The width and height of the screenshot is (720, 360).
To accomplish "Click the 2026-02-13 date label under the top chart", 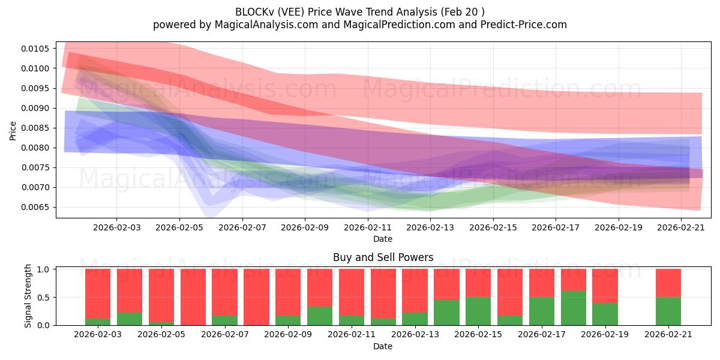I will coord(430,228).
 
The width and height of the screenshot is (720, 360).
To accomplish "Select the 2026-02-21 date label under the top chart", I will coord(682,228).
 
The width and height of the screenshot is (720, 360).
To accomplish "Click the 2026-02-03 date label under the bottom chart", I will coord(97,334).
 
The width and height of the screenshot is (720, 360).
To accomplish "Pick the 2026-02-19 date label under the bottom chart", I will coord(605,334).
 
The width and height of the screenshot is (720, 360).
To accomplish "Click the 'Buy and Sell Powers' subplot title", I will coord(383,257).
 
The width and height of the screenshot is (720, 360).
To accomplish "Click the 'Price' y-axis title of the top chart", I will coord(13,130).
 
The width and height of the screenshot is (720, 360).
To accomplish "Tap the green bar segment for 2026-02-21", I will coord(668,311).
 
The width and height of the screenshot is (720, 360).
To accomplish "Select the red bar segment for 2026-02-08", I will coord(256,297).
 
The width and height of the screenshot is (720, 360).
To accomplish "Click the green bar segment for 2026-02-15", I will coord(478,311).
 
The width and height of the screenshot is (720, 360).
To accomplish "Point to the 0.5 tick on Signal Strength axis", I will coord(46,297).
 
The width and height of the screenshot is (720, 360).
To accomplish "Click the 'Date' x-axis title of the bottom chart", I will coord(383,346).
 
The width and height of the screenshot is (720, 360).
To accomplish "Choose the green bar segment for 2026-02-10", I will coord(320,316).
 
